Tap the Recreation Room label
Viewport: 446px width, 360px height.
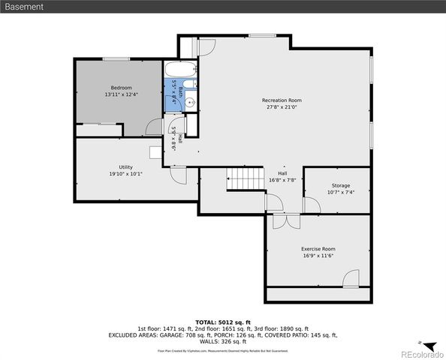coord(282,100)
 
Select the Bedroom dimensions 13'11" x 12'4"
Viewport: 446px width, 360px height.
coord(122,94)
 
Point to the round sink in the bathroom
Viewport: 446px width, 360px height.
coord(191,100)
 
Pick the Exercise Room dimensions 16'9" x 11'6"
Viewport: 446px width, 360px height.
coord(318,256)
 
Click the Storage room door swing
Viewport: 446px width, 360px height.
coord(311,205)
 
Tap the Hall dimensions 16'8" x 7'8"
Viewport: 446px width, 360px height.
coord(282,180)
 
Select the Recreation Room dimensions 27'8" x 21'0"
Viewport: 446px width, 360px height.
coord(282,107)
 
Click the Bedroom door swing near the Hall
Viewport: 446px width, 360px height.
coord(155,126)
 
